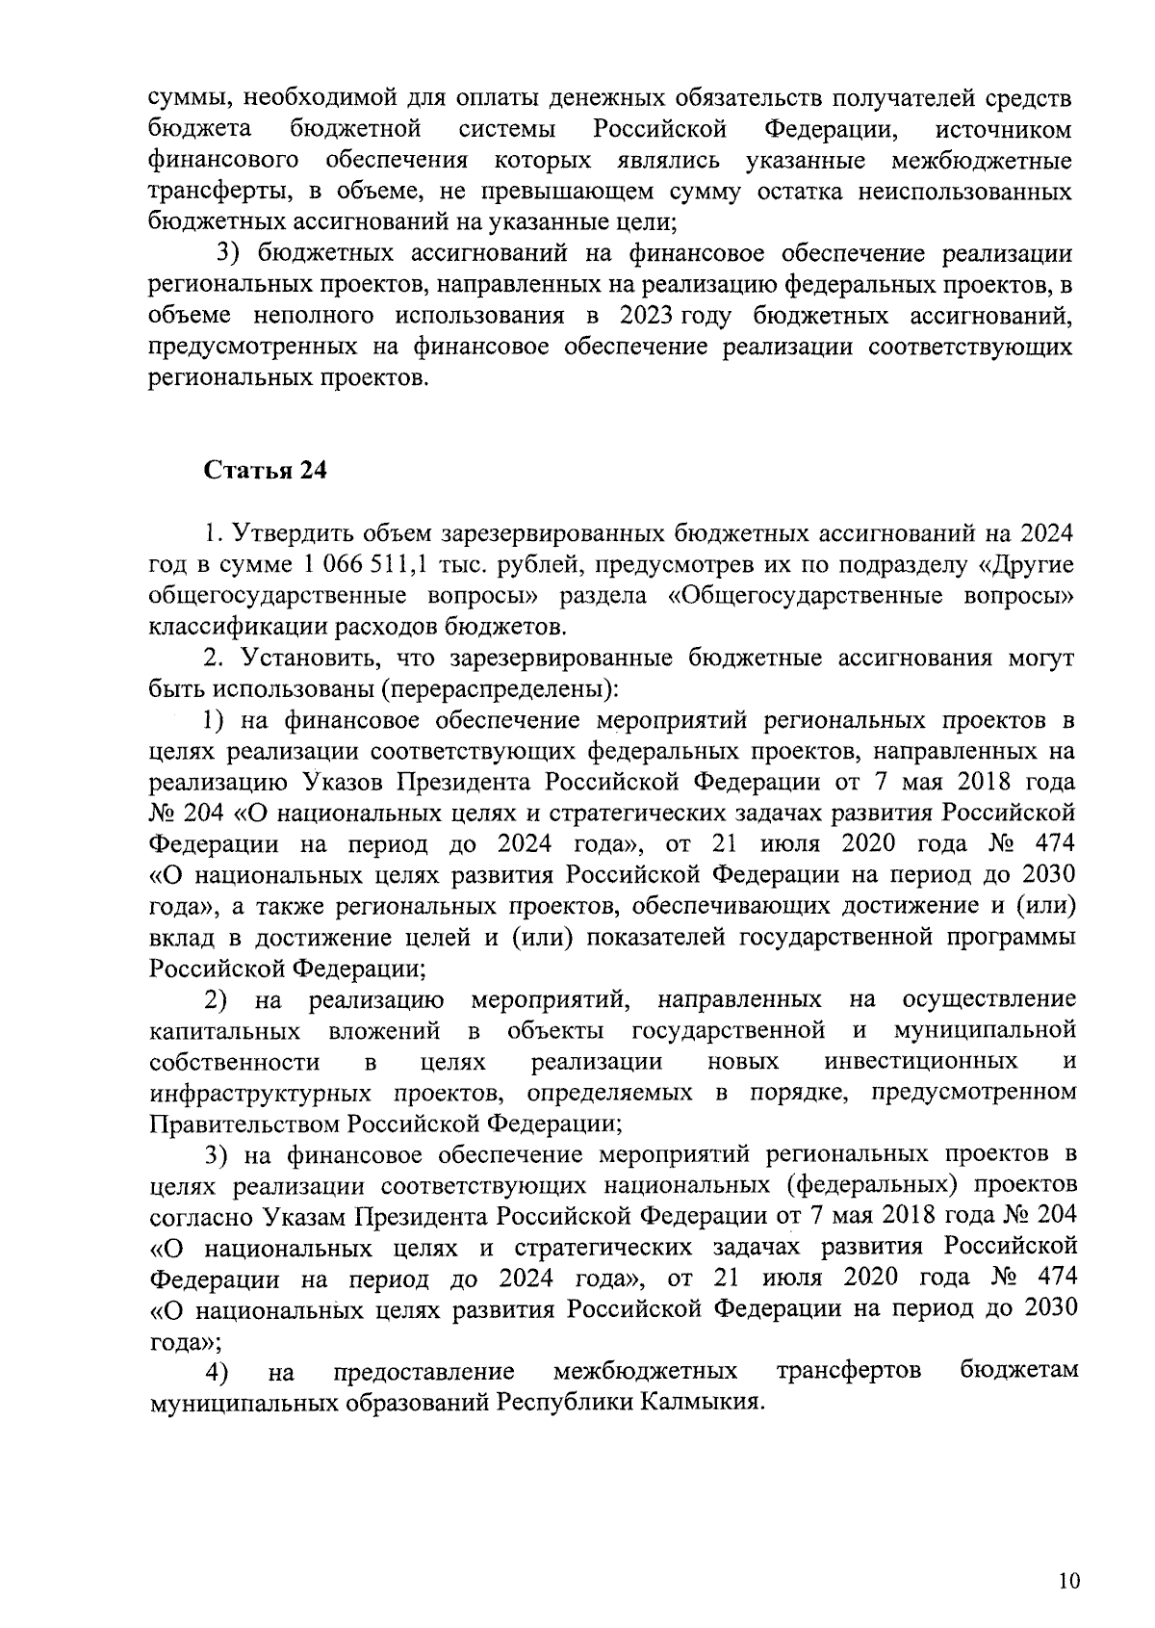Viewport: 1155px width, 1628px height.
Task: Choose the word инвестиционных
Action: coord(921,1062)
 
